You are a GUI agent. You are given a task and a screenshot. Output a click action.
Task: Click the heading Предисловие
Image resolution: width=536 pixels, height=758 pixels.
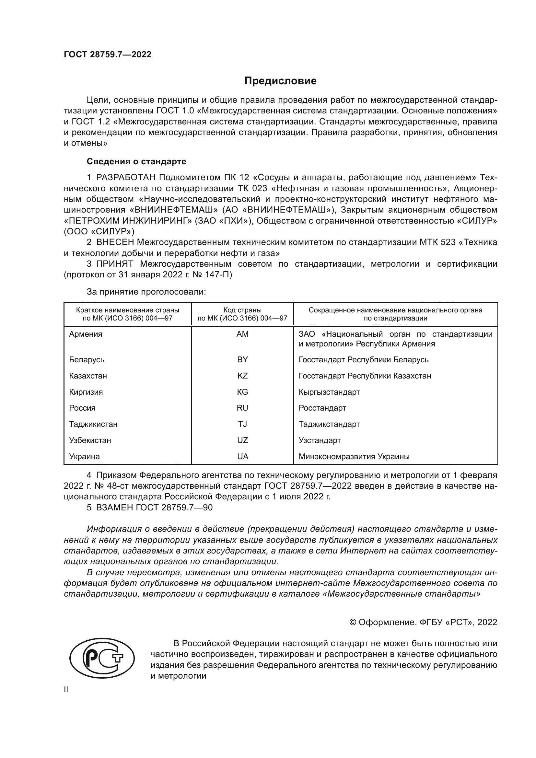click(x=280, y=81)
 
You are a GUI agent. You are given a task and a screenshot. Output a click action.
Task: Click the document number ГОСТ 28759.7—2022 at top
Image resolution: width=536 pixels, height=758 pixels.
click(x=108, y=55)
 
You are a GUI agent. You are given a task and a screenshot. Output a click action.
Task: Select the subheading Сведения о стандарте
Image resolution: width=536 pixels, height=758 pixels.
click(x=136, y=161)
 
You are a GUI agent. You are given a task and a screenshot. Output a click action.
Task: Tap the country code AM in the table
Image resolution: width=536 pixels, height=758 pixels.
click(x=242, y=334)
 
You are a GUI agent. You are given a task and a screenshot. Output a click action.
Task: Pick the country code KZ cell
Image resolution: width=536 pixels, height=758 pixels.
click(x=242, y=376)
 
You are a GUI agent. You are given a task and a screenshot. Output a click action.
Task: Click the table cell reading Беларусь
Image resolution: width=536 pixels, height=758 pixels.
click(x=87, y=359)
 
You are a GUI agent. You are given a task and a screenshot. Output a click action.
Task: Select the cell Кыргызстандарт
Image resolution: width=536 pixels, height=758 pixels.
click(x=329, y=392)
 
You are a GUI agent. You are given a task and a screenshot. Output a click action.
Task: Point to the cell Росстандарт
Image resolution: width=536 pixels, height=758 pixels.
click(x=322, y=408)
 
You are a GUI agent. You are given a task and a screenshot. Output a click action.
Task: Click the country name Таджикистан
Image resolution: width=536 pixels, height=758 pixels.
click(x=93, y=424)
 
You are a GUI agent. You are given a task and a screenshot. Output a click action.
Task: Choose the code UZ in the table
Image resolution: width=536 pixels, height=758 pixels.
click(x=242, y=440)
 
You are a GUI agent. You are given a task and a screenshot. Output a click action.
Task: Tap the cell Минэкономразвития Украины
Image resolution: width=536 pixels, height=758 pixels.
click(x=354, y=457)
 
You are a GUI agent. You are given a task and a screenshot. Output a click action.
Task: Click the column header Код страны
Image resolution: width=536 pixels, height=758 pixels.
click(x=242, y=310)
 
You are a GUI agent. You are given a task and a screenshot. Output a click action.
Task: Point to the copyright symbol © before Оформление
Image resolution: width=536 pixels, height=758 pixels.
click(x=353, y=622)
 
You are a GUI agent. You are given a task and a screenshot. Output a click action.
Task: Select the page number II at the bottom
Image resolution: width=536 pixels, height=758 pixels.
click(x=66, y=690)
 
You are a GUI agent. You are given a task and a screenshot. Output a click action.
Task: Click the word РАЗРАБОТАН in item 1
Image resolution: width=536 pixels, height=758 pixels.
click(x=125, y=178)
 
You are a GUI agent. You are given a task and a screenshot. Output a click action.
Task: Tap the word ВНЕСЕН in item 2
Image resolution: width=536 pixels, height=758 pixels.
click(x=115, y=242)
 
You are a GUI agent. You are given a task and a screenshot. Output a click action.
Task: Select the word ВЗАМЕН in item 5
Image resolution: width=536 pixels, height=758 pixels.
click(x=114, y=507)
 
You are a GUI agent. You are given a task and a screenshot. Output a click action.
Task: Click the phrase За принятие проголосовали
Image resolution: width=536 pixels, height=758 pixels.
click(x=146, y=292)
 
